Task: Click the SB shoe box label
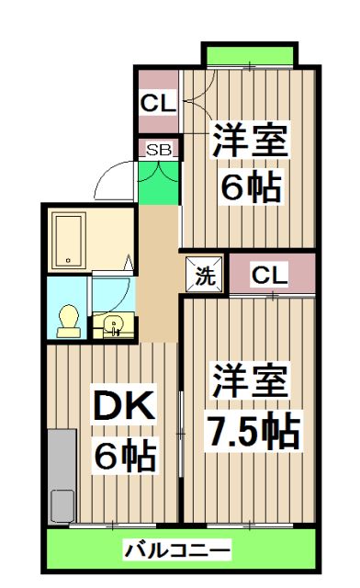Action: pyautogui.click(x=159, y=150)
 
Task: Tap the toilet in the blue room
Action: pyautogui.click(x=69, y=321)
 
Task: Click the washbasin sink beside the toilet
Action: pyautogui.click(x=113, y=324)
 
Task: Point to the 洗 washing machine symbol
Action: pyautogui.click(x=205, y=275)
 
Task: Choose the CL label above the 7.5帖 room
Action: pyautogui.click(x=270, y=276)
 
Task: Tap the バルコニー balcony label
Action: pyautogui.click(x=176, y=550)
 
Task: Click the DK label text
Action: pyautogui.click(x=124, y=406)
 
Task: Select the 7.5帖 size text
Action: pyautogui.click(x=253, y=430)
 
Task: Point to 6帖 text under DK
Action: pyautogui.click(x=125, y=455)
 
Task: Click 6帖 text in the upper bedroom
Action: pyautogui.click(x=251, y=187)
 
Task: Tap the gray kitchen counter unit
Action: pyautogui.click(x=62, y=476)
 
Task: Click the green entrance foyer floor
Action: pyautogui.click(x=159, y=183)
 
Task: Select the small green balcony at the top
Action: pyautogui.click(x=250, y=55)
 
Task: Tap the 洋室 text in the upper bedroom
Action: pyautogui.click(x=250, y=140)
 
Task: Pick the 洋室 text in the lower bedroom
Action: pyautogui.click(x=250, y=380)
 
